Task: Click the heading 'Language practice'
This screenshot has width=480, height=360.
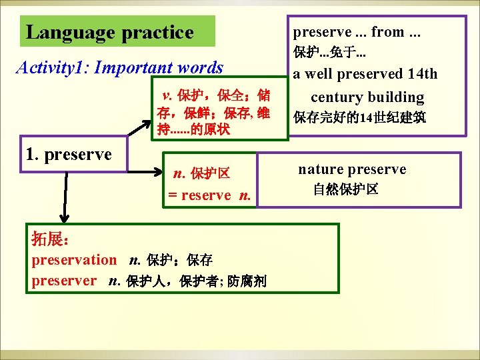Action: tap(109, 32)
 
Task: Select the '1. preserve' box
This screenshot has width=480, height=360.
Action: tap(67, 154)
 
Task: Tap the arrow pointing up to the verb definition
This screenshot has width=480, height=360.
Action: tap(141, 127)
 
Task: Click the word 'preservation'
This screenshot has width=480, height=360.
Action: tap(74, 260)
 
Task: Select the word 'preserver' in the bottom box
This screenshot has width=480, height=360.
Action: tap(64, 281)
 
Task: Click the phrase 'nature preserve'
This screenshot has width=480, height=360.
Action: tap(352, 169)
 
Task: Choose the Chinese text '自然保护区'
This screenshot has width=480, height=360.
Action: tap(346, 190)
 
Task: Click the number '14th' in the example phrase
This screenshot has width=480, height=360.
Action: tap(421, 73)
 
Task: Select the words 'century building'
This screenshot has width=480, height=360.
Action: tap(367, 97)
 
